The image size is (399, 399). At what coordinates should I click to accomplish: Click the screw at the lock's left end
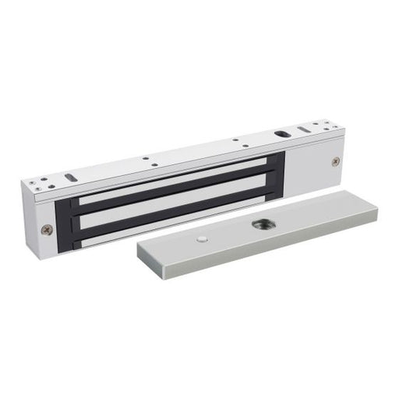coord(48,229)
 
